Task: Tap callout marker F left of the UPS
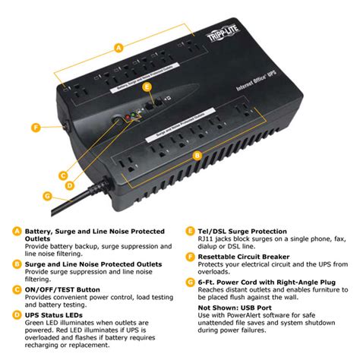tap(36, 128)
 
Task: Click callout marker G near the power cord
tap(47, 195)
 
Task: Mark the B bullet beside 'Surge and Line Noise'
tap(17, 264)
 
